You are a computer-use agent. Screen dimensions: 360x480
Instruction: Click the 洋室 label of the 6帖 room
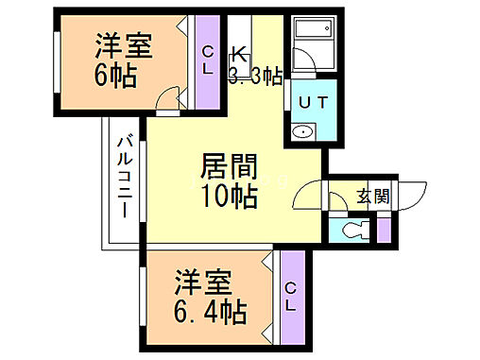(x=124, y=46)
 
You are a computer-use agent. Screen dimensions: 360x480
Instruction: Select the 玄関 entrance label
(x=372, y=197)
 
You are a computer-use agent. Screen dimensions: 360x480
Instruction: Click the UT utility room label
(x=312, y=100)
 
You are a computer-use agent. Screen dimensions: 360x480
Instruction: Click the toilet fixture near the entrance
(x=353, y=230)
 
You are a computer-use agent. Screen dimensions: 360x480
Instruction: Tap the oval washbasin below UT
(x=303, y=132)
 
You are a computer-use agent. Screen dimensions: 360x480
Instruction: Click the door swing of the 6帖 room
(x=167, y=97)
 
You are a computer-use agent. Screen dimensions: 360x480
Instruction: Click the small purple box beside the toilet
(x=384, y=228)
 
